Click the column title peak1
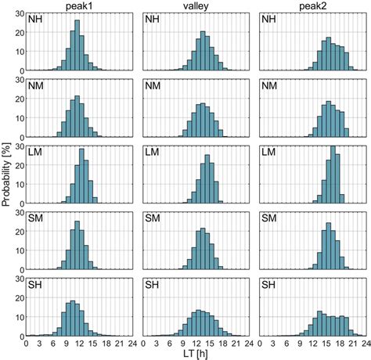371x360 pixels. pyautogui.click(x=75, y=5)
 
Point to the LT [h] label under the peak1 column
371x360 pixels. pyautogui.click(x=76, y=354)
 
